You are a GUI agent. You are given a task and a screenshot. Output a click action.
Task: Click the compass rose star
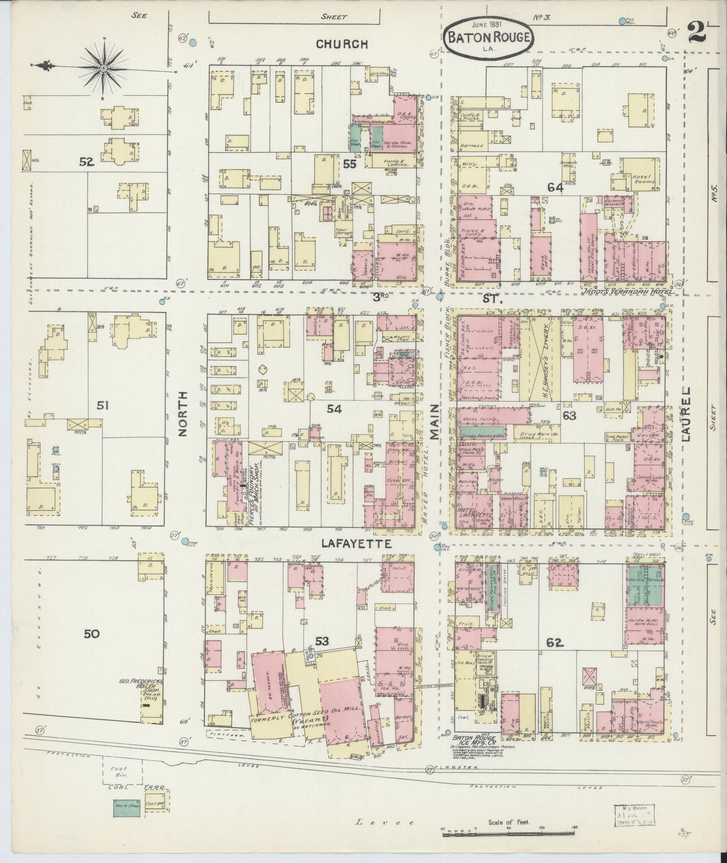point(103,66)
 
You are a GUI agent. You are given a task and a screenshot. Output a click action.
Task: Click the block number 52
point(86,162)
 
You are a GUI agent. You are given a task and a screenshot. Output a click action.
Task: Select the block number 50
point(92,634)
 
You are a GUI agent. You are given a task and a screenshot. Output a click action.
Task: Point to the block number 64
point(555,187)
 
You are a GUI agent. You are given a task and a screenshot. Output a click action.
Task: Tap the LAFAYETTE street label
point(357,544)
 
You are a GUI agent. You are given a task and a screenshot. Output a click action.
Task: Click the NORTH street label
point(183,414)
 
